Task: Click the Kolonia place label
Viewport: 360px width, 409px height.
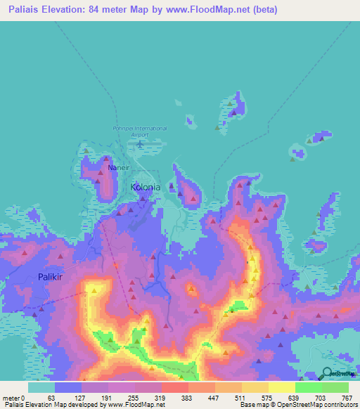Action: click(146, 188)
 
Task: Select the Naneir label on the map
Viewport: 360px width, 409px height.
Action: click(119, 169)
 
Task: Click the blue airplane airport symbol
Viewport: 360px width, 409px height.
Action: click(140, 145)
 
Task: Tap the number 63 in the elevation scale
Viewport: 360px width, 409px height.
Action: click(50, 397)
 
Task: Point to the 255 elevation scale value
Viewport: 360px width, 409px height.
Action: click(131, 397)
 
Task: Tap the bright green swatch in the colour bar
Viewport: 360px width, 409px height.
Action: click(309, 387)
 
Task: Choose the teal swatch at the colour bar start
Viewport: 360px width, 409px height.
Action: click(41, 387)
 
